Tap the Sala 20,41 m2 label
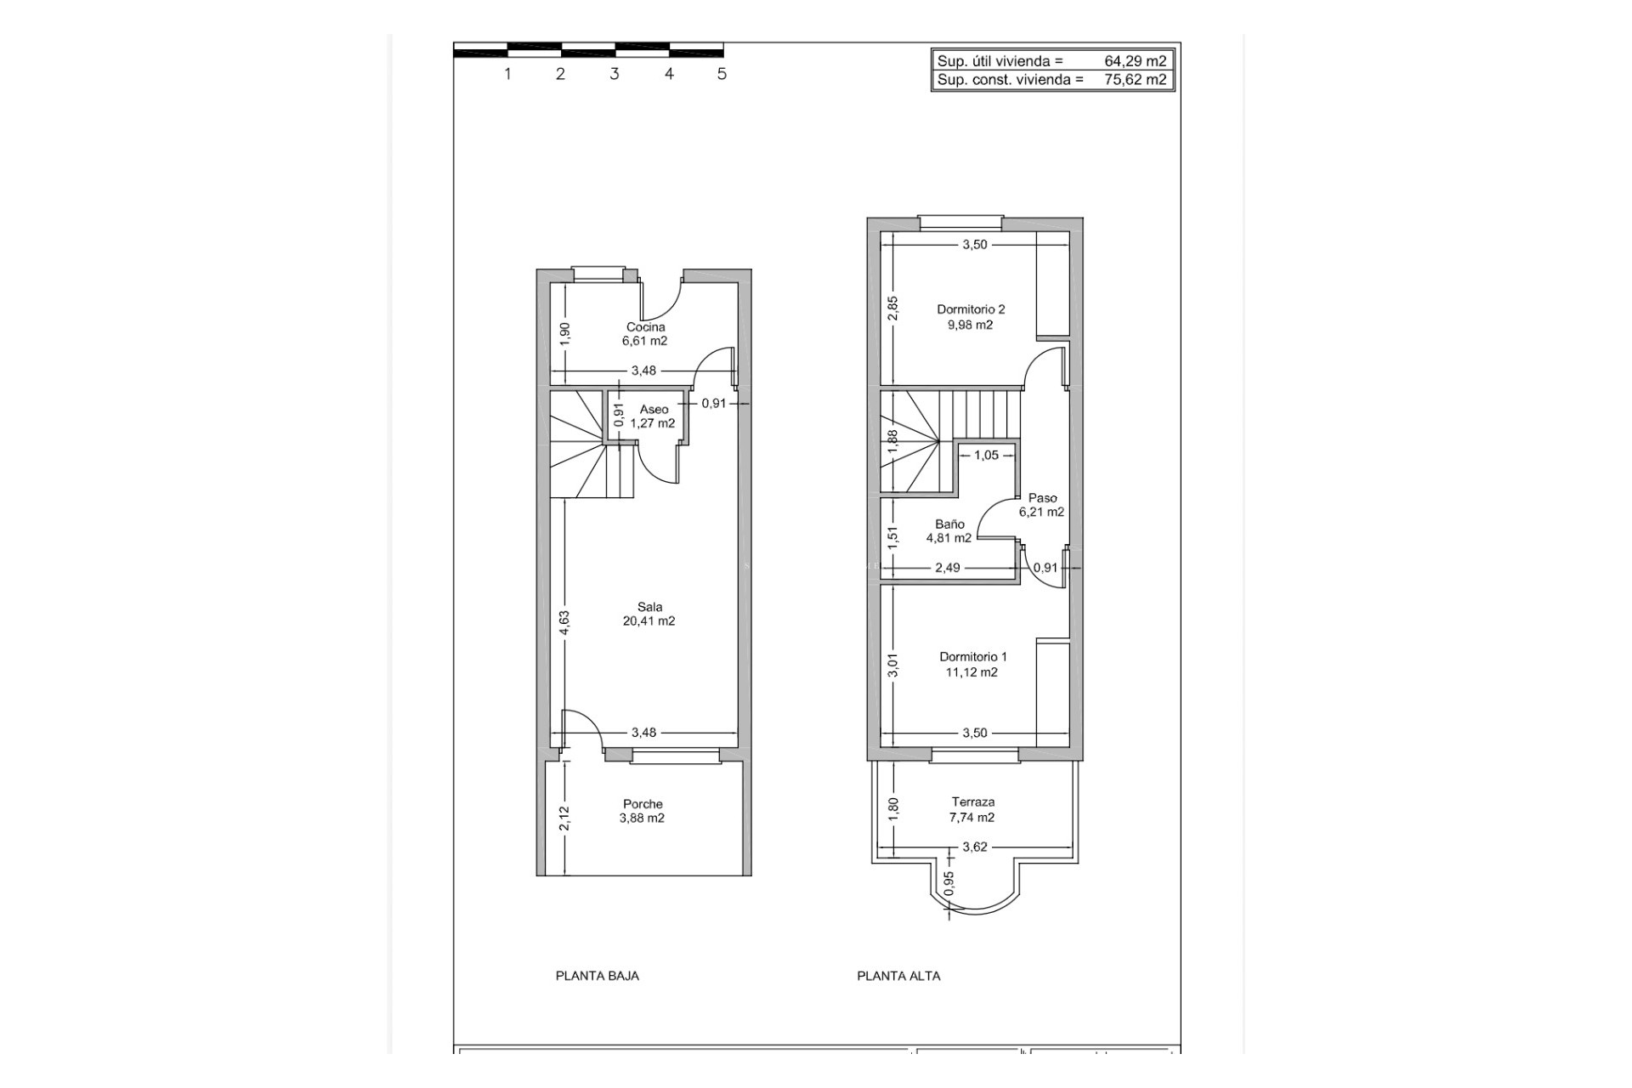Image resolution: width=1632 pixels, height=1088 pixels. click(649, 614)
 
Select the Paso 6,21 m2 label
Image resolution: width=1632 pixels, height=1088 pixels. click(1042, 505)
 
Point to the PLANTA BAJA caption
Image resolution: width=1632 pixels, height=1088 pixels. click(597, 976)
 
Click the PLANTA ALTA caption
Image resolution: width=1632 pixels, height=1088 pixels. click(898, 976)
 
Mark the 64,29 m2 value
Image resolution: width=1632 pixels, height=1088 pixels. click(1135, 61)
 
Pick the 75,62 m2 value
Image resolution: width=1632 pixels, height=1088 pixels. click(1135, 80)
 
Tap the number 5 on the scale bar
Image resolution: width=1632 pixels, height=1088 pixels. click(722, 74)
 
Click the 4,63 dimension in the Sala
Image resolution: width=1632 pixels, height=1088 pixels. click(564, 623)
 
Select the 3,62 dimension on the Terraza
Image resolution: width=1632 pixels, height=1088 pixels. click(974, 847)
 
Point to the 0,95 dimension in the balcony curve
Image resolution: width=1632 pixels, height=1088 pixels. click(949, 883)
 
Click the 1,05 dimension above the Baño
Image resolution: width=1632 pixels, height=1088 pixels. click(986, 456)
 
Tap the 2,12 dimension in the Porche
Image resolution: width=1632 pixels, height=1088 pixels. click(564, 819)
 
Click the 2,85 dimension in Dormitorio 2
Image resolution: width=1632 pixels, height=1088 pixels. click(892, 308)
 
